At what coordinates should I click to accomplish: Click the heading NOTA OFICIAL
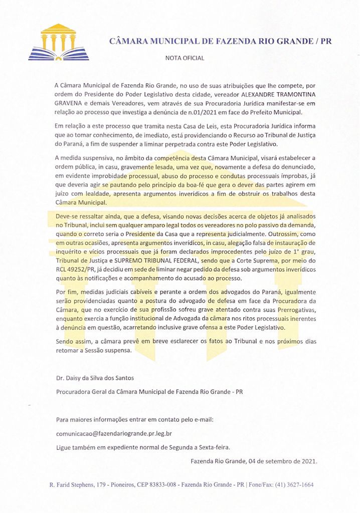tap(185, 58)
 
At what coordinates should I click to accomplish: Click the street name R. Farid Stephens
tap(70, 485)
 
